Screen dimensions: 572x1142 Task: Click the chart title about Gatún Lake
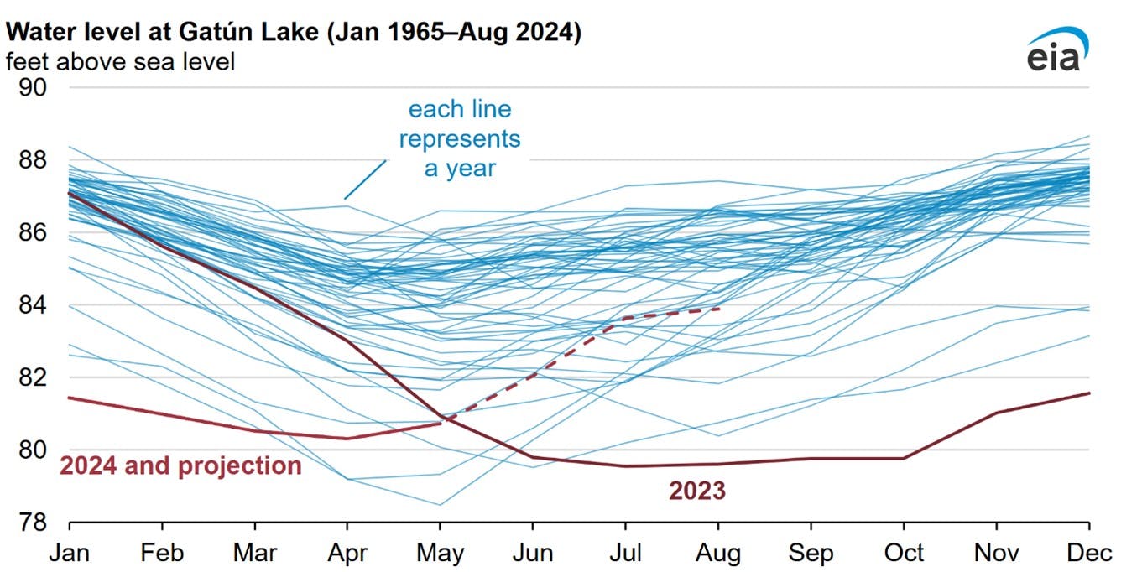(x=294, y=34)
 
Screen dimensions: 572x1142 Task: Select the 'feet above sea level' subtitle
(x=121, y=61)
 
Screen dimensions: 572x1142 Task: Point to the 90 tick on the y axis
(x=34, y=87)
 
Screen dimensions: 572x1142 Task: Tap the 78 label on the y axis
(x=34, y=523)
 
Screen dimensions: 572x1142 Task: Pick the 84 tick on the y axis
(x=34, y=305)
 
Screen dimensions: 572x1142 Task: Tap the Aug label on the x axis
(x=718, y=553)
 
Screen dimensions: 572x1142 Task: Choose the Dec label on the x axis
(x=1089, y=553)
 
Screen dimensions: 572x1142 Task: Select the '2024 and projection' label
(x=180, y=466)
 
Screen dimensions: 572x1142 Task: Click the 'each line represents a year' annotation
(x=459, y=138)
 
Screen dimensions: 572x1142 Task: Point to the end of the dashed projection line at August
(x=719, y=308)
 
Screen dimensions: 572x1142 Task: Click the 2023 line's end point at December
(x=1089, y=393)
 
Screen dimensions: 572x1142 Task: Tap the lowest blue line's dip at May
(x=441, y=505)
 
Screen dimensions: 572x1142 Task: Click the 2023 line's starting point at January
(x=70, y=192)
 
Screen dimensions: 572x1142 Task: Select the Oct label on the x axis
(x=904, y=553)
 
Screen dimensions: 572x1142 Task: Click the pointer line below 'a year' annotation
(x=365, y=179)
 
